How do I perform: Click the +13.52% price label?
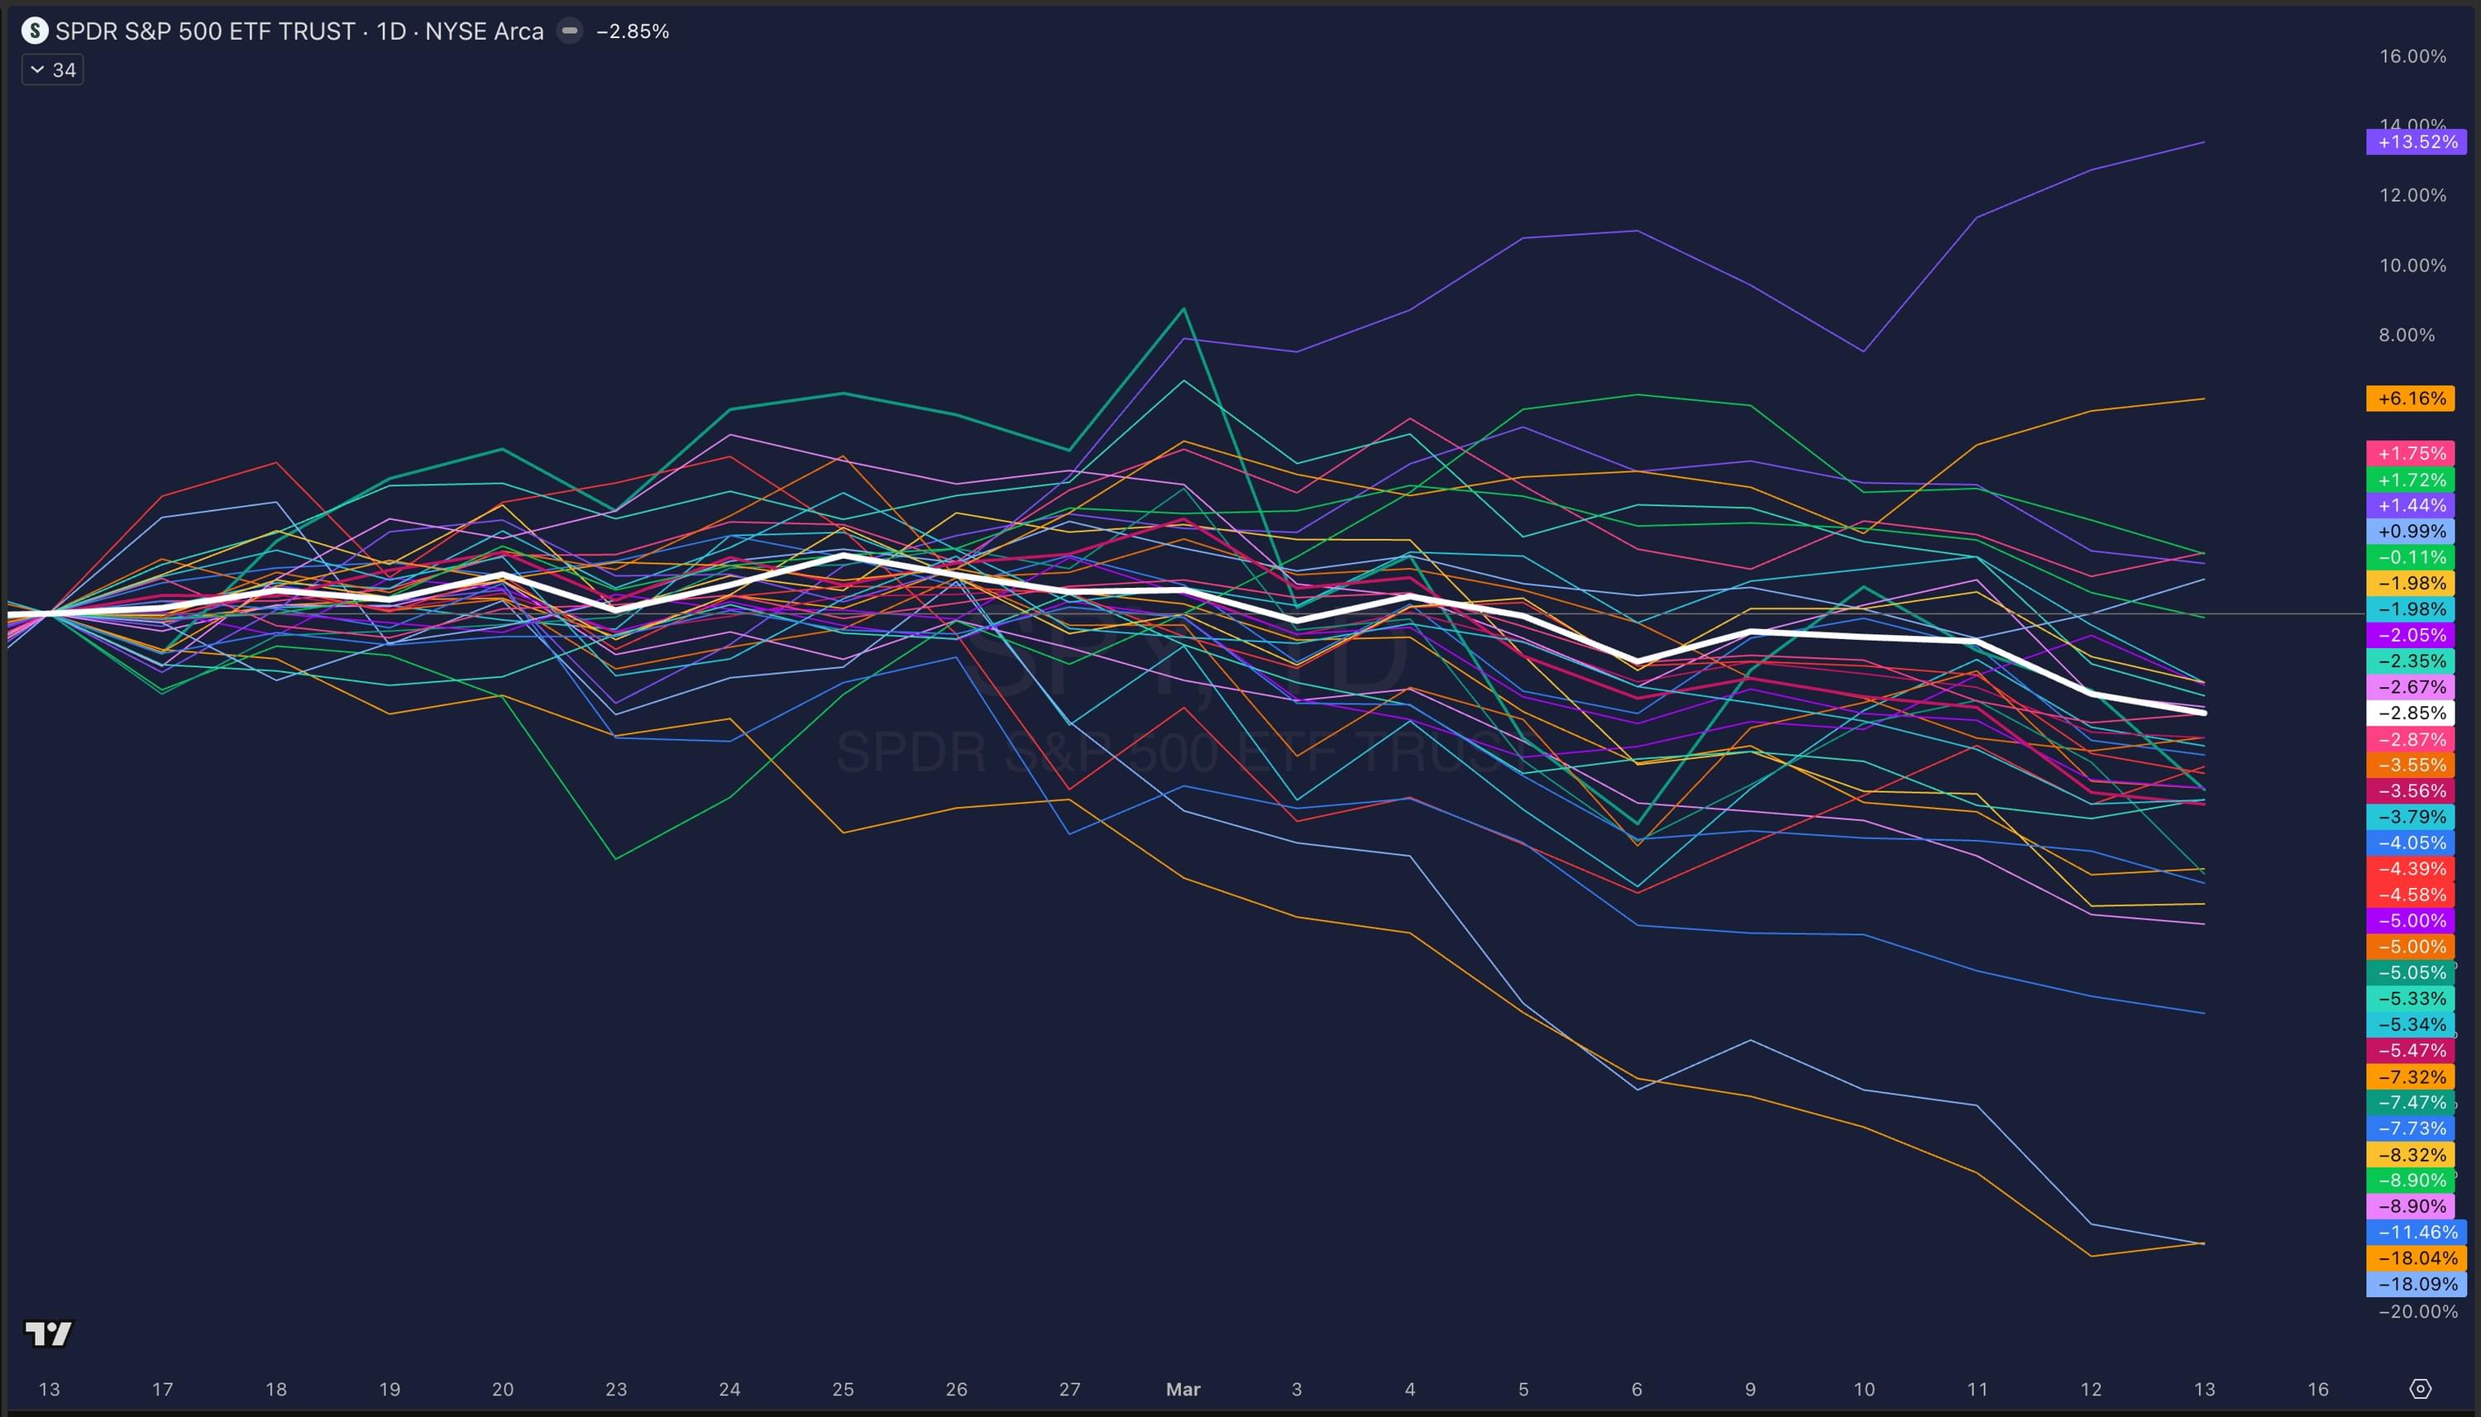pyautogui.click(x=2416, y=142)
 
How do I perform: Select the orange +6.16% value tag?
pyautogui.click(x=2410, y=398)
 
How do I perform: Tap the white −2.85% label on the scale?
pyautogui.click(x=2410, y=713)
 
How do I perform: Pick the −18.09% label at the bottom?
pyautogui.click(x=2416, y=1284)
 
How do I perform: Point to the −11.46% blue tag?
pyautogui.click(x=2416, y=1232)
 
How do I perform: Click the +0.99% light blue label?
pyautogui.click(x=2410, y=532)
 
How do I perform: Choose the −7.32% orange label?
pyautogui.click(x=2410, y=1076)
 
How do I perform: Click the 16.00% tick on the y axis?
pyautogui.click(x=2412, y=56)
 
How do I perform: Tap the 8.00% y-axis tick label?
pyautogui.click(x=2406, y=335)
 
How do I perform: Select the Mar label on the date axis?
pyautogui.click(x=1183, y=1389)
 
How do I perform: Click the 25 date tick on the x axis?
pyautogui.click(x=843, y=1389)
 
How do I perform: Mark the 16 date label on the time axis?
pyautogui.click(x=2317, y=1389)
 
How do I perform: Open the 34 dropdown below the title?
pyautogui.click(x=53, y=70)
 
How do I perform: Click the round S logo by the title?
pyautogui.click(x=35, y=31)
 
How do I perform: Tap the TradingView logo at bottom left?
pyautogui.click(x=48, y=1333)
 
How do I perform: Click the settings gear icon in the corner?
pyautogui.click(x=2420, y=1389)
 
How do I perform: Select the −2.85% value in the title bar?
pyautogui.click(x=633, y=31)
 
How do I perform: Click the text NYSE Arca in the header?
pyautogui.click(x=484, y=31)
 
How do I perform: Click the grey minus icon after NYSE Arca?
pyautogui.click(x=570, y=31)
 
